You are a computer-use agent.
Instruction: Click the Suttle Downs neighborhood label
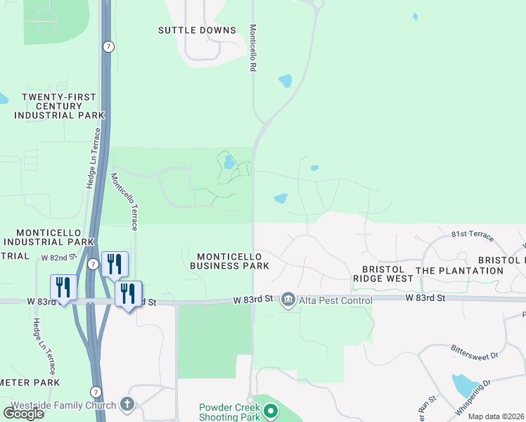[x=197, y=30]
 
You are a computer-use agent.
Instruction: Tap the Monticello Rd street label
[x=252, y=49]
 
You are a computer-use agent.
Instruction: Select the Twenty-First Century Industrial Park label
[x=59, y=105]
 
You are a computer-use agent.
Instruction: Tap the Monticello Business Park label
[x=229, y=261]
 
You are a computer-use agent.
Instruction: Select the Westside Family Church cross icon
[x=127, y=404]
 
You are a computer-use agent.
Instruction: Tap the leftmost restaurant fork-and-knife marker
[x=63, y=287]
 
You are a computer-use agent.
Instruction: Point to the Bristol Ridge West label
[x=383, y=274]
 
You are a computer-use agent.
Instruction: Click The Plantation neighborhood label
[x=460, y=271]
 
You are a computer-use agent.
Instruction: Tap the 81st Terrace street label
[x=469, y=233]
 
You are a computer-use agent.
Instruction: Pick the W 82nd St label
[x=58, y=258]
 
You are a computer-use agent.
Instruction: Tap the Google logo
[x=23, y=414]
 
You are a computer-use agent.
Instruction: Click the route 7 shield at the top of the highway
[x=108, y=46]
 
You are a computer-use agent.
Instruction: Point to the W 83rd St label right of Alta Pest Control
[x=425, y=298]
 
